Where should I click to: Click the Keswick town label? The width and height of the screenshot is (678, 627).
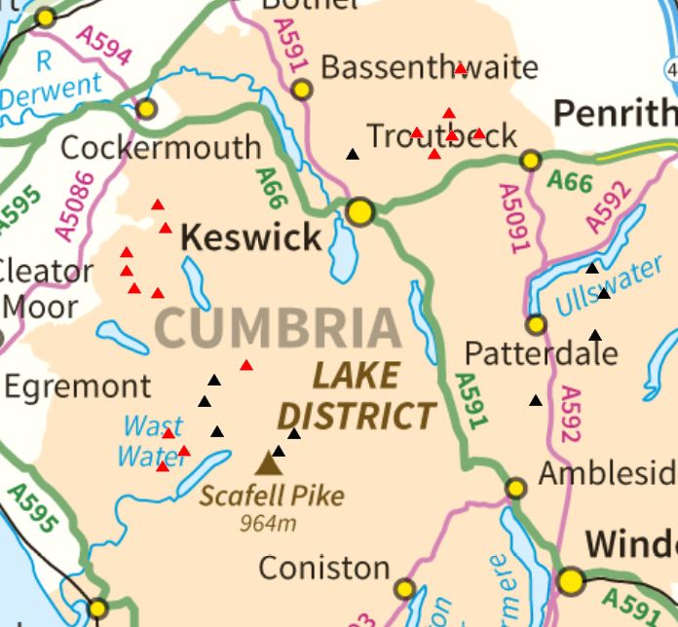pyautogui.click(x=251, y=238)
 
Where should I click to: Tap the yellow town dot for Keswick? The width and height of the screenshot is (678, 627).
pyautogui.click(x=360, y=211)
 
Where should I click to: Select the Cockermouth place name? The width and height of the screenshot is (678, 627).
pyautogui.click(x=161, y=148)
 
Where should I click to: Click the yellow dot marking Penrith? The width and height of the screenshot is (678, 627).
pyautogui.click(x=531, y=161)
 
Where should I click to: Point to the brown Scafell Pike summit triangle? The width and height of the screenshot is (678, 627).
pyautogui.click(x=267, y=463)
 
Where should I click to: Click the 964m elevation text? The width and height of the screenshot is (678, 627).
pyautogui.click(x=268, y=523)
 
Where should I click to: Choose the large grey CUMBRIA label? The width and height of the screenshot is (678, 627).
pyautogui.click(x=278, y=328)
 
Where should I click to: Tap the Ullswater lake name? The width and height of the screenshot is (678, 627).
pyautogui.click(x=609, y=289)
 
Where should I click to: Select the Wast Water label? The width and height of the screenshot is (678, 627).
pyautogui.click(x=152, y=440)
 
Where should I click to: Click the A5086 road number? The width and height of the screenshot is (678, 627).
pyautogui.click(x=75, y=205)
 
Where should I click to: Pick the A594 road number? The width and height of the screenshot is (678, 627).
pyautogui.click(x=103, y=46)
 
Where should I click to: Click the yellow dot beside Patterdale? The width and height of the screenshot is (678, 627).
pyautogui.click(x=536, y=324)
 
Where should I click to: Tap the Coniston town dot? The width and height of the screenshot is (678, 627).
pyautogui.click(x=404, y=588)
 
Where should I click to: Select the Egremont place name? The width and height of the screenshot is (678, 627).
pyautogui.click(x=78, y=387)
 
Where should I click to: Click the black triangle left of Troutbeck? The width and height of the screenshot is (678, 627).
pyautogui.click(x=353, y=154)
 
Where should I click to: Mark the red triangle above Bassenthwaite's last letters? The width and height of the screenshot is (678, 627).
pyautogui.click(x=461, y=68)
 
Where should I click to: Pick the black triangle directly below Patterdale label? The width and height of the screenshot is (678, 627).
pyautogui.click(x=536, y=400)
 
